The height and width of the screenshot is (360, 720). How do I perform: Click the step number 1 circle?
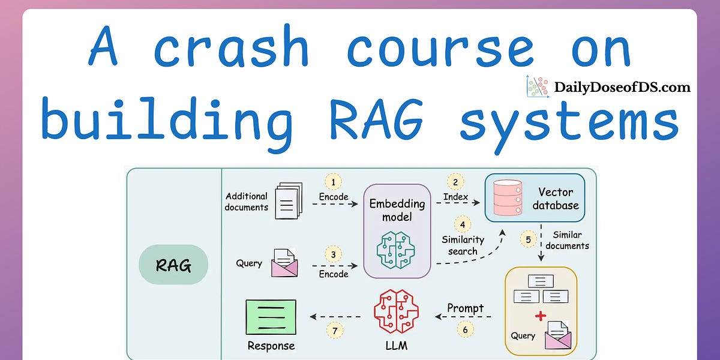pyautogui.click(x=333, y=182)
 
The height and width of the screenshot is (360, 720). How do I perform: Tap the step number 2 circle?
pyautogui.click(x=455, y=182)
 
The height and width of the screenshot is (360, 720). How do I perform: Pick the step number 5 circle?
pyautogui.click(x=528, y=240)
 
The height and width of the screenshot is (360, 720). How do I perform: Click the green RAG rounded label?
pyautogui.click(x=173, y=265)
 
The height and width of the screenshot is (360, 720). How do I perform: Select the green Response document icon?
pyautogui.click(x=271, y=317)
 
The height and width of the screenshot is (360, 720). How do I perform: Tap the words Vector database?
pyautogui.click(x=556, y=199)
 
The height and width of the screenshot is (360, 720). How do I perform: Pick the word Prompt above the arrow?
pyautogui.click(x=465, y=308)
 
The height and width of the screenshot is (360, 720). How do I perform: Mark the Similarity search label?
pyautogui.click(x=463, y=245)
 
